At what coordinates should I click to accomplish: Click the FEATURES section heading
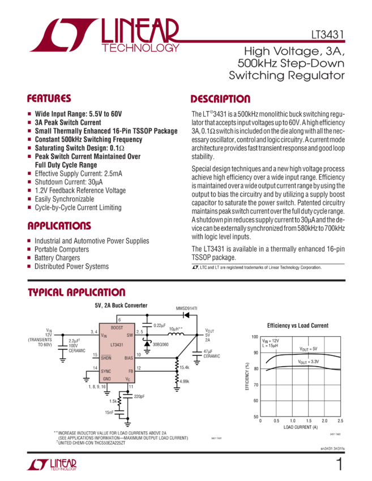point(49,98)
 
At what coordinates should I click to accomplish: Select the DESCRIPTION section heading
point(220,98)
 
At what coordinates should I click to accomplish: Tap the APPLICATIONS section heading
point(59,226)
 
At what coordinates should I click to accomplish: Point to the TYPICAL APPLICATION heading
point(76,293)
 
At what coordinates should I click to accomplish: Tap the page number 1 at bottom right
point(339,465)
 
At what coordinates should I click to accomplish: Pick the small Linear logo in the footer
point(50,465)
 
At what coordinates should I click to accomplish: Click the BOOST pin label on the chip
point(117,328)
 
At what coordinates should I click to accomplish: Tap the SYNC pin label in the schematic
point(106,370)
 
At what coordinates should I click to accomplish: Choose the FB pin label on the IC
point(130,370)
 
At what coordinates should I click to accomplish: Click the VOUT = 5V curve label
point(308,348)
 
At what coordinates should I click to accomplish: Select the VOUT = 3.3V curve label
point(309,360)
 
